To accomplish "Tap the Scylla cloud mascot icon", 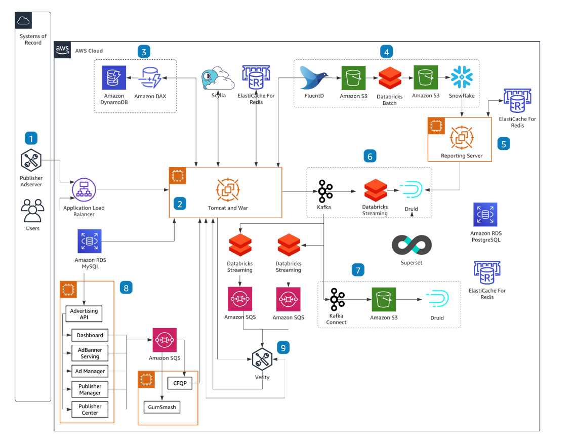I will [x=218, y=78].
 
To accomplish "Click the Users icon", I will [x=31, y=210].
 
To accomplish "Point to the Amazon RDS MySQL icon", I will [x=90, y=241].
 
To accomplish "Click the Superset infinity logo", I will [x=412, y=246].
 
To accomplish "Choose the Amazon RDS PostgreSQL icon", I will [x=485, y=215].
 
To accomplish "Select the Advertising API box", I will [x=84, y=313].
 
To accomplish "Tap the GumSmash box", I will [x=161, y=407].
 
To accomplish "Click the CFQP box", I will [x=180, y=383].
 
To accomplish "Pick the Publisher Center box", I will [x=90, y=409].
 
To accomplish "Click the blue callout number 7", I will [x=357, y=270].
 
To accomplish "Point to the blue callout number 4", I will [x=387, y=52].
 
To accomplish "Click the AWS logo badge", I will [x=62, y=50].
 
